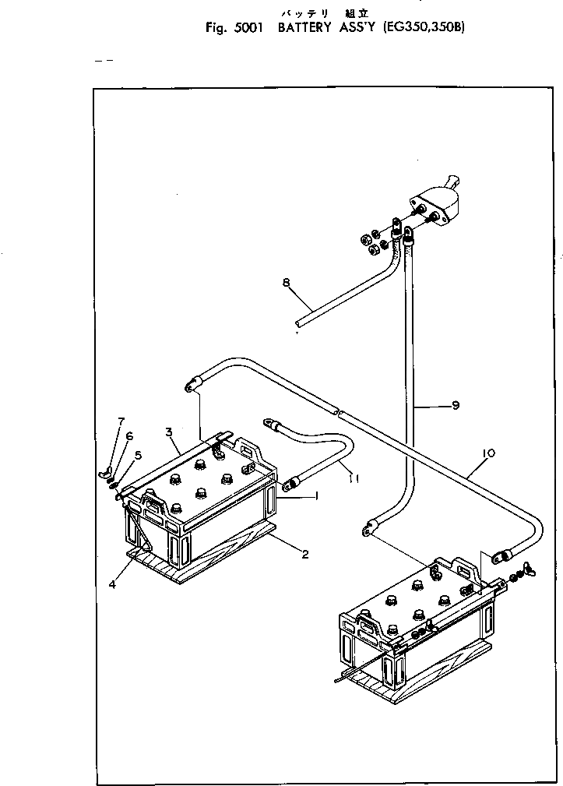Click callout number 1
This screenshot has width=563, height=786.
(316, 496)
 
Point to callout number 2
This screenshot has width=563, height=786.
(305, 555)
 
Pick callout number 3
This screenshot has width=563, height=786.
(168, 432)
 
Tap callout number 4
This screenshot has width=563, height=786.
(112, 584)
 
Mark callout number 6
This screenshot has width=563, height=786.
(129, 437)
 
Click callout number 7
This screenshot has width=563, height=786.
(121, 421)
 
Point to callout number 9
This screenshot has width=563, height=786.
(456, 405)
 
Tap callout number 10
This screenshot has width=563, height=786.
(488, 452)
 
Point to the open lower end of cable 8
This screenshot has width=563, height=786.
(299, 323)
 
